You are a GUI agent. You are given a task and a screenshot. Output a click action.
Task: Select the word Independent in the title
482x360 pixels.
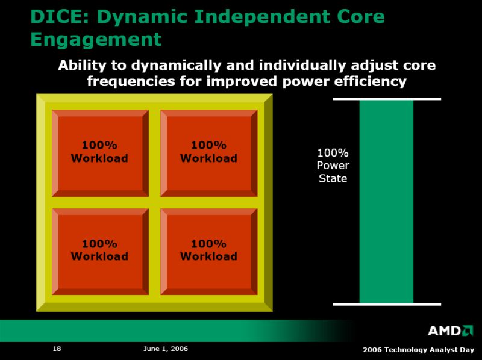[261, 17]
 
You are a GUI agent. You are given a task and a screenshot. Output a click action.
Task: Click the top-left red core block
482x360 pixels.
[100, 153]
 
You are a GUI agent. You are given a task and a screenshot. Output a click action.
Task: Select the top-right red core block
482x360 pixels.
[209, 153]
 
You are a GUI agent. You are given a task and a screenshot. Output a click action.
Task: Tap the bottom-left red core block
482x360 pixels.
[100, 252]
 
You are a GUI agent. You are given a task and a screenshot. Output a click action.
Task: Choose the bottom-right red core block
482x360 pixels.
[209, 252]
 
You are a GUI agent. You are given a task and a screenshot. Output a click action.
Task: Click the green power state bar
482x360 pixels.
[386, 202]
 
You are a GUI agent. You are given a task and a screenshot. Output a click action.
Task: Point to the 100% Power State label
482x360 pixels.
[333, 166]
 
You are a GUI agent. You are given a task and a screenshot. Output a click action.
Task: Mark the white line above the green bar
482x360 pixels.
[387, 99]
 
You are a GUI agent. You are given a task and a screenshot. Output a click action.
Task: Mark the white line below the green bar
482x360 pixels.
[387, 305]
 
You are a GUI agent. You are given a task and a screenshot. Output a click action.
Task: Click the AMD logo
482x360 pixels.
[450, 331]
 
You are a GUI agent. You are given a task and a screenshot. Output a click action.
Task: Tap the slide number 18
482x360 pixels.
[57, 349]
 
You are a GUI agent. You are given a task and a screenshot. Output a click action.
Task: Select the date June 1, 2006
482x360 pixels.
[166, 349]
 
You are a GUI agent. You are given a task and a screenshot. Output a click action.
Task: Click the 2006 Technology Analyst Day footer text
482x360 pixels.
[418, 350]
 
